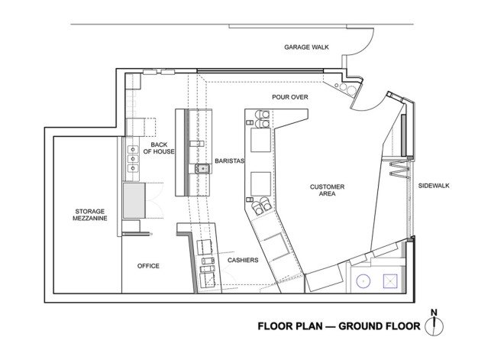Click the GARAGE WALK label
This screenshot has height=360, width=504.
click(306, 47)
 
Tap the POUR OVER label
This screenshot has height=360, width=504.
click(290, 97)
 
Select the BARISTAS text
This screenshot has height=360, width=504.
click(230, 161)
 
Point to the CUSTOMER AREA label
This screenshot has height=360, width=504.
click(327, 190)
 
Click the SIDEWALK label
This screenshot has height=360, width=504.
click(434, 186)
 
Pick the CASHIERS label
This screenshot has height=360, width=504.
click(243, 260)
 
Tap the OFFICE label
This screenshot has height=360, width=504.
click(148, 266)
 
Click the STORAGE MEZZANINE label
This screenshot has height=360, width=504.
click(90, 215)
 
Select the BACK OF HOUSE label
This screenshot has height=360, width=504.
click(159, 148)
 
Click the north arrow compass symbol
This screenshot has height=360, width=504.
click(434, 326)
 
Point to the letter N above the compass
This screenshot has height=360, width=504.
click(434, 313)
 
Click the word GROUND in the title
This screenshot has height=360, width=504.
click(358, 326)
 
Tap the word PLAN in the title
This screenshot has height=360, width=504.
click(308, 326)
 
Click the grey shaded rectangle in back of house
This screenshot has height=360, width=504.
click(134, 201)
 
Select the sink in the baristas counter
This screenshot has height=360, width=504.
click(202, 169)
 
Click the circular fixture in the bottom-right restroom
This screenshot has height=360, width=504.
click(363, 281)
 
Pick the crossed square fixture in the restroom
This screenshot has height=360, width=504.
click(390, 281)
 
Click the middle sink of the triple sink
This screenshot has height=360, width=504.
click(133, 159)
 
